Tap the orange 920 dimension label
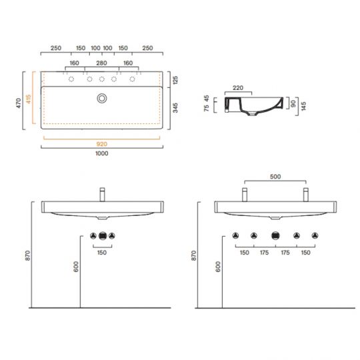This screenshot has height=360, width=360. point(102,144)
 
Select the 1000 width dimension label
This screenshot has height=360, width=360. point(102,153)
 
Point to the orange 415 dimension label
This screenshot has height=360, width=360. point(29,99)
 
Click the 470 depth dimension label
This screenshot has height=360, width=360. point(19,103)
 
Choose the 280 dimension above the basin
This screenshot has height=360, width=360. point(101,63)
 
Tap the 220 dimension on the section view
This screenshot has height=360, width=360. point(238,88)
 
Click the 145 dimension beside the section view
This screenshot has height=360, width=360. point(303,106)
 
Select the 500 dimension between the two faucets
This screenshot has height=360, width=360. point(275,177)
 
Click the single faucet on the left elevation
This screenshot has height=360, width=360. point(103,195)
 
